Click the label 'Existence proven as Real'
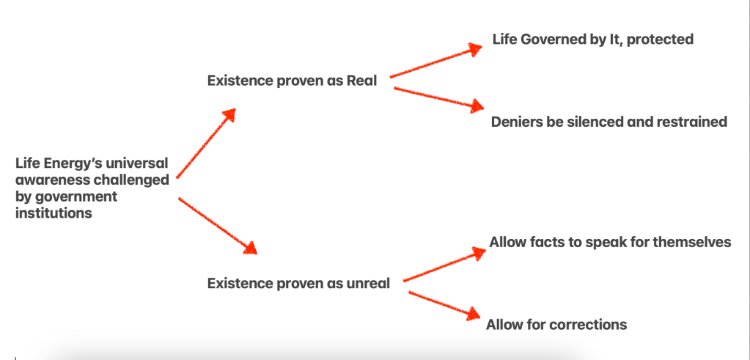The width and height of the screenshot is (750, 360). (x=293, y=81)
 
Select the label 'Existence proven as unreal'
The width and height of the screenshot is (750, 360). (x=298, y=284)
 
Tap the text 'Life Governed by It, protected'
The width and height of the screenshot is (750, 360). (x=593, y=40)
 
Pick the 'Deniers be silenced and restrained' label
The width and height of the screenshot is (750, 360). (x=609, y=122)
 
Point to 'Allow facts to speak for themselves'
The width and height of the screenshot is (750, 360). (x=610, y=243)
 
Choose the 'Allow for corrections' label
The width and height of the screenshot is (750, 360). (x=556, y=325)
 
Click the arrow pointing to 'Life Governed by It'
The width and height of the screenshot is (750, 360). (x=436, y=61)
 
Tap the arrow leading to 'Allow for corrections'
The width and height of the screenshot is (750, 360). (x=444, y=305)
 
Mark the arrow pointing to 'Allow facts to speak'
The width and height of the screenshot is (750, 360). (x=444, y=265)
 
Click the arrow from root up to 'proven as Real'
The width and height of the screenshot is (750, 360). (x=206, y=143)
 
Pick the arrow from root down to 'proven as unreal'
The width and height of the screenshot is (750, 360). (x=218, y=225)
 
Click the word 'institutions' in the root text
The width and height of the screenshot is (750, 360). (x=54, y=213)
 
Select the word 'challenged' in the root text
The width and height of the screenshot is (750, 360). (x=134, y=180)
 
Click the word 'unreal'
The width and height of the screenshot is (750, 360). (x=368, y=284)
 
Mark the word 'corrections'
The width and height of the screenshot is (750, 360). (x=588, y=325)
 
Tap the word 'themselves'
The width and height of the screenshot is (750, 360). (x=692, y=242)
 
